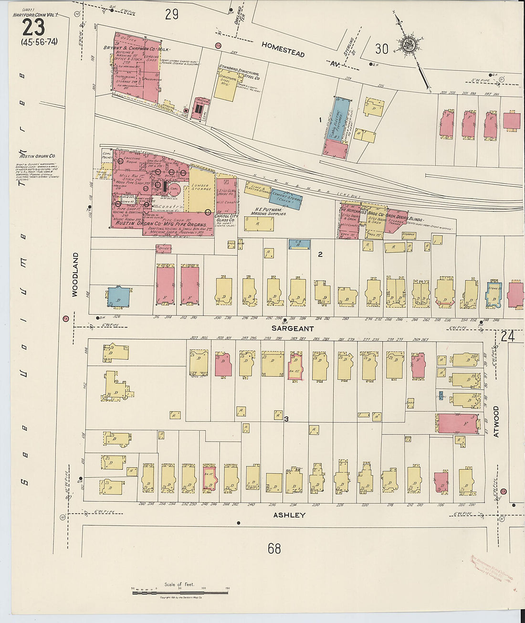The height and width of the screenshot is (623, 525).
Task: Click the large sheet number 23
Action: pos(33,28)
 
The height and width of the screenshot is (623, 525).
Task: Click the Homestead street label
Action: pos(283,49)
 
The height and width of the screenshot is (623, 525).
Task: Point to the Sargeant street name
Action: pos(293,328)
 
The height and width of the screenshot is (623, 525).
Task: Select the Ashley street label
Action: pos(289,515)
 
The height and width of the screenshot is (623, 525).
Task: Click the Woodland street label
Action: pos(75,275)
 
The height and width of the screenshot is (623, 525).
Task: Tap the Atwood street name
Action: pos(496,422)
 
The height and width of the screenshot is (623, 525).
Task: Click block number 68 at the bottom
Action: pos(274,549)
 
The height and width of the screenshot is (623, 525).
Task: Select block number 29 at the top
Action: pos(172,14)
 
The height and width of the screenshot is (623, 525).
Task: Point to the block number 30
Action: pos(381,49)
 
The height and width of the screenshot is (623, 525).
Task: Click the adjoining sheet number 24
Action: pos(507,336)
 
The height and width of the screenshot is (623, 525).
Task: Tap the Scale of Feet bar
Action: pos(180,592)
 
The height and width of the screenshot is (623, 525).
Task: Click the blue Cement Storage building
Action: pos(286,199)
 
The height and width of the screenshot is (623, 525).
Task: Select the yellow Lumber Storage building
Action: pos(201,189)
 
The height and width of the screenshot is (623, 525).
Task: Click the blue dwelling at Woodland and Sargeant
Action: pos(118,297)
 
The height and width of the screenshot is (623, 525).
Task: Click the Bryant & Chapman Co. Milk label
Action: pos(136,49)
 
